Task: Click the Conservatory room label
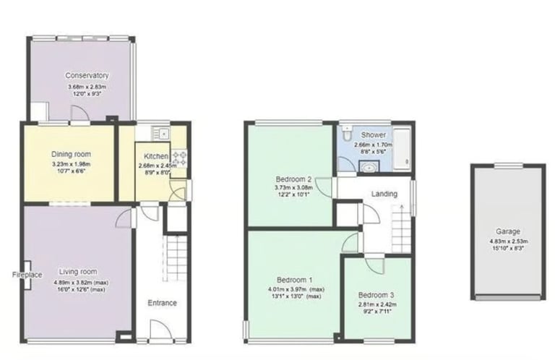(x=87, y=75)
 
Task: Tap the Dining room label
(x=71, y=154)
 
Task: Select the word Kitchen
(x=156, y=156)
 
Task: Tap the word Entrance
(x=162, y=303)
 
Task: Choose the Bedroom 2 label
(x=293, y=179)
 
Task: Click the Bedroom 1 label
(x=295, y=280)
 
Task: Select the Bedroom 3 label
(x=377, y=296)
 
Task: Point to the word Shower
(x=374, y=135)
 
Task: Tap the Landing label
(x=384, y=194)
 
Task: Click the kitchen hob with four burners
(x=178, y=158)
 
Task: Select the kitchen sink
(x=162, y=133)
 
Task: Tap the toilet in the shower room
(x=348, y=134)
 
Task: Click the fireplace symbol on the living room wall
(x=27, y=275)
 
